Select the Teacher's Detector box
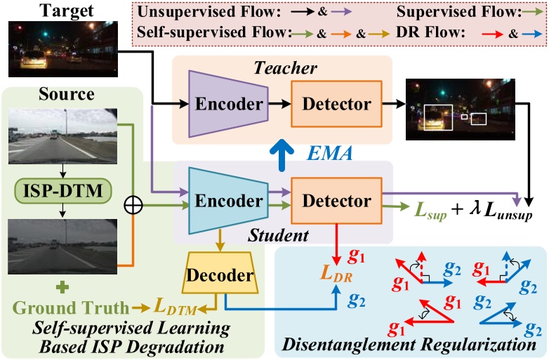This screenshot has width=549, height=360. [336, 104]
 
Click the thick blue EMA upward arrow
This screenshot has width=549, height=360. [282, 151]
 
